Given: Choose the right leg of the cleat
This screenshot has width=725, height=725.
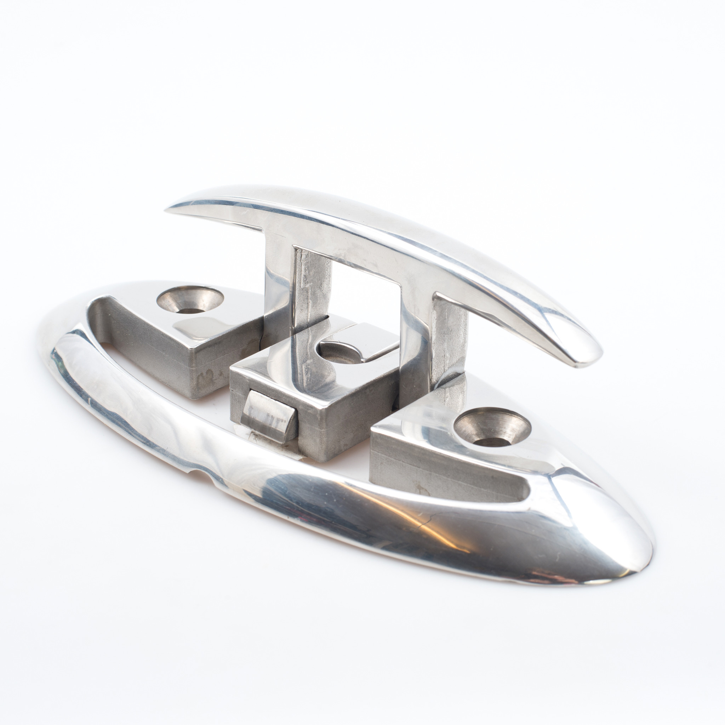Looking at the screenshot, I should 417,338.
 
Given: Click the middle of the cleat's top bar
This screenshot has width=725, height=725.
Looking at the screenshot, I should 375,229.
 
